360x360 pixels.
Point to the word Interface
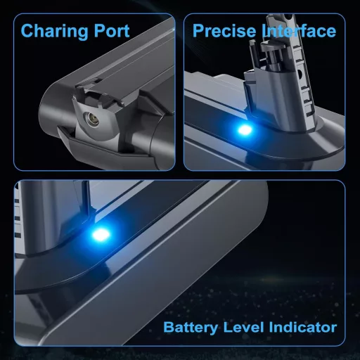[x=300, y=32]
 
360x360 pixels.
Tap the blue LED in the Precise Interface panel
[x=243, y=129]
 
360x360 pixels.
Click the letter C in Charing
[x=27, y=32]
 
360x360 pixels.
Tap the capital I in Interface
[x=266, y=32]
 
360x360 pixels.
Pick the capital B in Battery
[x=168, y=328]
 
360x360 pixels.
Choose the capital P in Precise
[x=198, y=32]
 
